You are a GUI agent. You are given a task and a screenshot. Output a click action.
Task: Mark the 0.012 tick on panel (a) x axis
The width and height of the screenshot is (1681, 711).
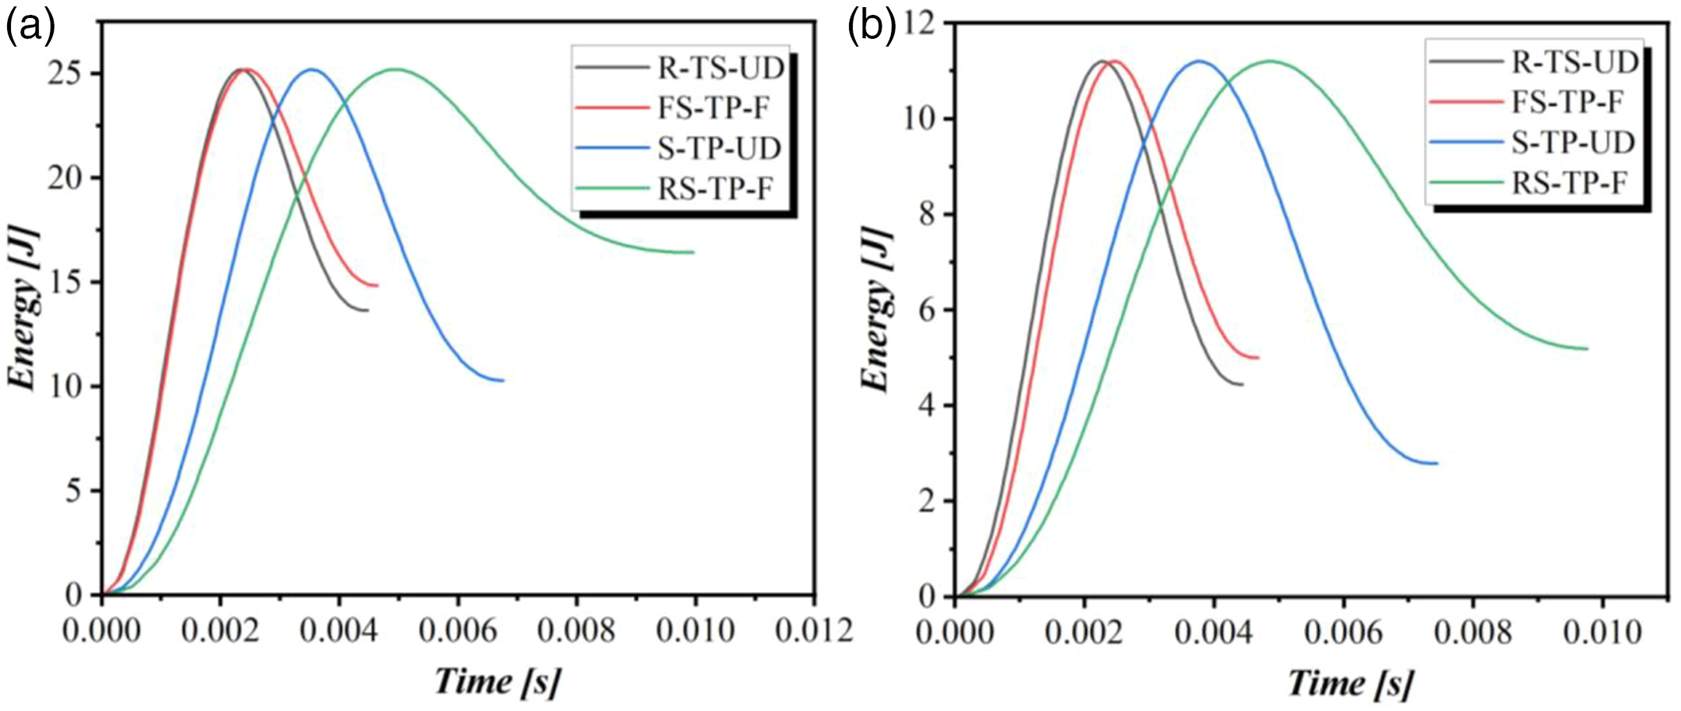coord(815,631)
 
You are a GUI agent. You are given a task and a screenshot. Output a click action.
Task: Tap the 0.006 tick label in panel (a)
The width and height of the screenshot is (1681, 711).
coord(458,631)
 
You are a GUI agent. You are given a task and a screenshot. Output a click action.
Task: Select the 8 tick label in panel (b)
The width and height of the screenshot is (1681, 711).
coord(928,215)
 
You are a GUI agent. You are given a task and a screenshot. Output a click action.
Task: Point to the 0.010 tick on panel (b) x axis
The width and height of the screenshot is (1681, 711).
coord(1603,633)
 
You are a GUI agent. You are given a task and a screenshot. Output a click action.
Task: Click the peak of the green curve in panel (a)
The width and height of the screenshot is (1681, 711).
coord(396,69)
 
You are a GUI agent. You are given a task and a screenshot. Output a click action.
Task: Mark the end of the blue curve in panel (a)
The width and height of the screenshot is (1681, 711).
coord(503,380)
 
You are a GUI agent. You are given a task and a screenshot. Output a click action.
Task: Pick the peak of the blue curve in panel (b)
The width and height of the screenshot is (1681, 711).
coord(1198,61)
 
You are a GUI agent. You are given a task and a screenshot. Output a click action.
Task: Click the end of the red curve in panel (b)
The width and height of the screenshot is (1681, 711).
coord(1258,357)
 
